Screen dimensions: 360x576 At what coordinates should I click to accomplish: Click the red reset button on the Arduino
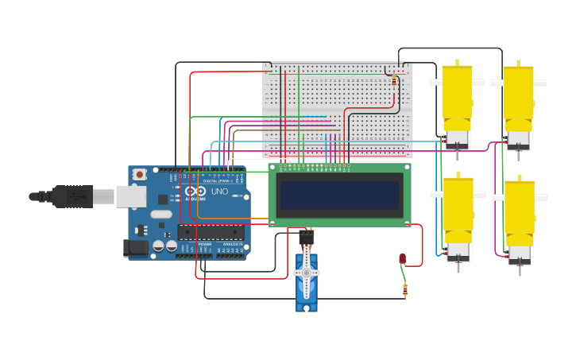click(x=140, y=173)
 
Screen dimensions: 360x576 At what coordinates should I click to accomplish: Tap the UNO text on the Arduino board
click(x=218, y=192)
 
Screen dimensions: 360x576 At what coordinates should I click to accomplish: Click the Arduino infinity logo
click(x=195, y=192)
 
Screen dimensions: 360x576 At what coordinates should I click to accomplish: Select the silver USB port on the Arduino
click(x=131, y=196)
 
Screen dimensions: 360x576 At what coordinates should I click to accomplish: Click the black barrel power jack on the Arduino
click(x=136, y=248)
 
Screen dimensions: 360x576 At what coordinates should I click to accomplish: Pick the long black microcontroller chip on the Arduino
click(x=208, y=232)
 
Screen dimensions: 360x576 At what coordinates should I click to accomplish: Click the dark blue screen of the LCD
click(x=339, y=195)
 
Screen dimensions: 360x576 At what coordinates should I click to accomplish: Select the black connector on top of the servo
click(x=307, y=237)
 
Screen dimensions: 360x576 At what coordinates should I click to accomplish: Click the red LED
click(x=403, y=258)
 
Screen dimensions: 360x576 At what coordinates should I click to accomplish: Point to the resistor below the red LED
click(x=405, y=290)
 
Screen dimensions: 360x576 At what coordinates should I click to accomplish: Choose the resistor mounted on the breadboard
click(x=394, y=80)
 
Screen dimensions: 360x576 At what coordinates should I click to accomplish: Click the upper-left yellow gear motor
click(x=457, y=99)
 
